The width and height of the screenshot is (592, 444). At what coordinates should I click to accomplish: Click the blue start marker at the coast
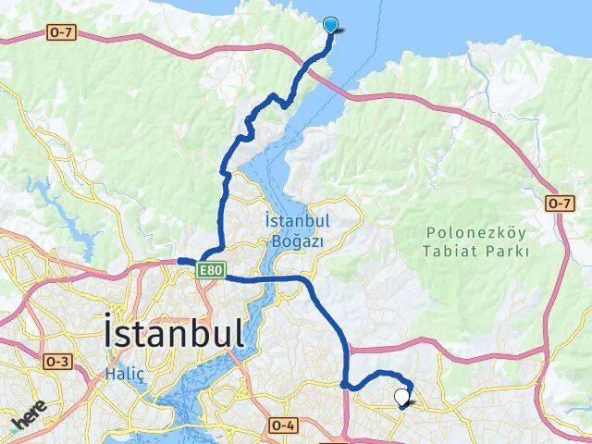click(x=331, y=26)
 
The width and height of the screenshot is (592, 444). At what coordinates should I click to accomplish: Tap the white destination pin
click(x=401, y=397)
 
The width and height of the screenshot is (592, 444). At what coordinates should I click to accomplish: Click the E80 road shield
click(x=209, y=270)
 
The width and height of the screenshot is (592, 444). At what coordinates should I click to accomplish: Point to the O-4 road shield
click(x=283, y=425)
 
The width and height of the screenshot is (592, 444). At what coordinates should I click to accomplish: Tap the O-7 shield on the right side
click(x=559, y=203)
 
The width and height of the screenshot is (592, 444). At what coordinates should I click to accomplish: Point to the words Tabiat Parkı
click(x=476, y=251)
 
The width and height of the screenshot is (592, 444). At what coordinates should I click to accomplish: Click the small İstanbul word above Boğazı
click(x=297, y=222)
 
